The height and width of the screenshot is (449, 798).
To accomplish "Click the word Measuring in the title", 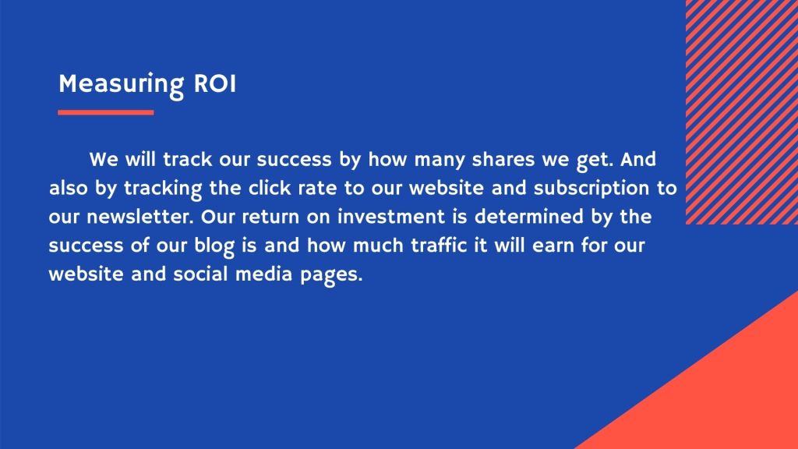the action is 121,84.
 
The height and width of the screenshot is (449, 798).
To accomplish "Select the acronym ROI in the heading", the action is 215,83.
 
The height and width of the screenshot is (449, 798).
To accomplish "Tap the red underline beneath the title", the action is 106,112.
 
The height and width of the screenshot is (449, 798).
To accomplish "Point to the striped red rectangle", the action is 742,112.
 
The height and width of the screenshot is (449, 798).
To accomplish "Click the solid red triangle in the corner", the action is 722,397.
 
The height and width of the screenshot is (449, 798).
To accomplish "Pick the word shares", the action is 503,160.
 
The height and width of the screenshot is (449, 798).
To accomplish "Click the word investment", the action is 391,217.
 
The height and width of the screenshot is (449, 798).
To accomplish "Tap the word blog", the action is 214,246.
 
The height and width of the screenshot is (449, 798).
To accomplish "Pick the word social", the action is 200,274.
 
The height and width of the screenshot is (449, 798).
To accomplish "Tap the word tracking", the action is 163,189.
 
